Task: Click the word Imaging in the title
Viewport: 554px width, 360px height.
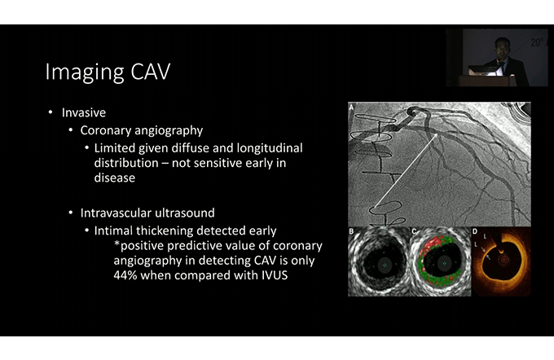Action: [x=85, y=72]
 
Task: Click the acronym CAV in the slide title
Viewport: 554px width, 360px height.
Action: [x=151, y=72]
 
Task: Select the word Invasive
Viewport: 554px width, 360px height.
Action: [x=84, y=112]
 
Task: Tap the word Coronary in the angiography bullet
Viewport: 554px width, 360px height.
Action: [x=105, y=130]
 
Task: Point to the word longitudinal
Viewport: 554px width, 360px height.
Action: [x=270, y=148]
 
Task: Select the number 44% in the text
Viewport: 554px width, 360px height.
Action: [x=125, y=274]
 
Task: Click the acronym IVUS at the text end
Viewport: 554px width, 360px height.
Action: [x=275, y=274]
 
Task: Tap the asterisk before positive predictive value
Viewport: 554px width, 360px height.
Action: [x=117, y=244]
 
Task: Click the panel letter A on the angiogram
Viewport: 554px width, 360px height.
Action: [x=352, y=107]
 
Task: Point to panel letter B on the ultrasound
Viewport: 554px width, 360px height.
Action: [x=351, y=231]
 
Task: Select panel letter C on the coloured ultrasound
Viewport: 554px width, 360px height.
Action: [x=414, y=231]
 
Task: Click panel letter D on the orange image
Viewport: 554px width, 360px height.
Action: [x=475, y=231]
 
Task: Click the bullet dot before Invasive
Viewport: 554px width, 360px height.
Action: [x=51, y=112]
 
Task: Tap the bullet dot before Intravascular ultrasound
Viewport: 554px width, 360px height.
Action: [x=71, y=213]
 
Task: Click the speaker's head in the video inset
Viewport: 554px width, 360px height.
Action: [x=502, y=47]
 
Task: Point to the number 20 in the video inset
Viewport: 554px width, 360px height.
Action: [x=535, y=42]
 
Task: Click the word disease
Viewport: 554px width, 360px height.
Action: [x=115, y=178]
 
